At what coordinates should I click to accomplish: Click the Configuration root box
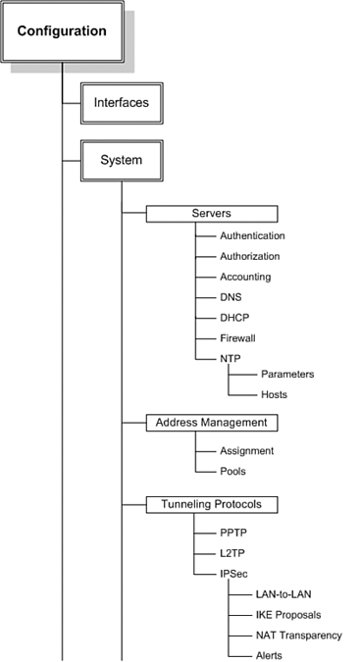pos(61,31)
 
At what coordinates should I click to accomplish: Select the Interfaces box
pos(121,102)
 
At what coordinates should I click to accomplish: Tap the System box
pos(121,160)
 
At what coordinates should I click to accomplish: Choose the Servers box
pos(212,214)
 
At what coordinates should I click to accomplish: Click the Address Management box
pos(212,423)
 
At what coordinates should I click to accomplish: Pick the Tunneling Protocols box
pos(212,505)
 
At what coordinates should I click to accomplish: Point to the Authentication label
pos(252,236)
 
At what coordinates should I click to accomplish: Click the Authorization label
pos(249,257)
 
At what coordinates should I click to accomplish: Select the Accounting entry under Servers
pos(245,278)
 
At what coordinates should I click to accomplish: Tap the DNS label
pos(231,297)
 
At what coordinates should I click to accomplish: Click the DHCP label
pos(233,318)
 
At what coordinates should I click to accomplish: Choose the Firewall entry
pos(237,337)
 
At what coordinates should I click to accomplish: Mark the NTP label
pos(231,358)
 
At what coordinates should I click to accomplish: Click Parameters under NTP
pos(287,374)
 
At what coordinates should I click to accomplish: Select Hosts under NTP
pos(274,394)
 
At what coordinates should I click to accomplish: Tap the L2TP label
pos(232,554)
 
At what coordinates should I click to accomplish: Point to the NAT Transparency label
pos(298,636)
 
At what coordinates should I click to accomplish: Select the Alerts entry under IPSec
pos(269,655)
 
